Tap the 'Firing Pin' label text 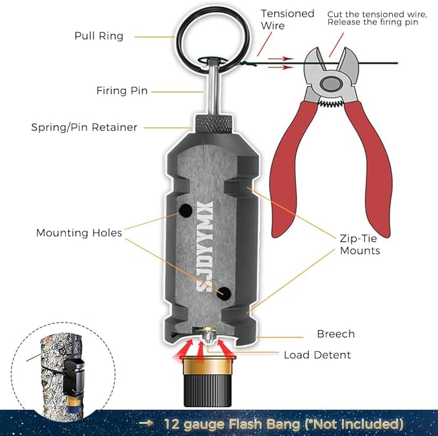point(122,91)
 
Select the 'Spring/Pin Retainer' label point(84,127)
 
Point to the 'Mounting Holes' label point(79,233)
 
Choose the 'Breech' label point(335,334)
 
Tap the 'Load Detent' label point(317,355)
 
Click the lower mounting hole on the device point(223,293)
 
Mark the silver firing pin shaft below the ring point(211,87)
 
